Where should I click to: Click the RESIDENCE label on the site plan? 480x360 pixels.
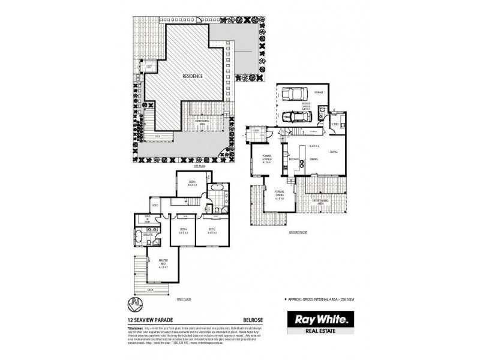point(193,76)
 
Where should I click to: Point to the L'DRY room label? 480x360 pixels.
point(335,124)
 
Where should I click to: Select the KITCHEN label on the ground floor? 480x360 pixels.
point(294,160)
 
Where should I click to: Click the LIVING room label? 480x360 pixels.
point(333,152)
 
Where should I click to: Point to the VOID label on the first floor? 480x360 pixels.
point(155,206)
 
